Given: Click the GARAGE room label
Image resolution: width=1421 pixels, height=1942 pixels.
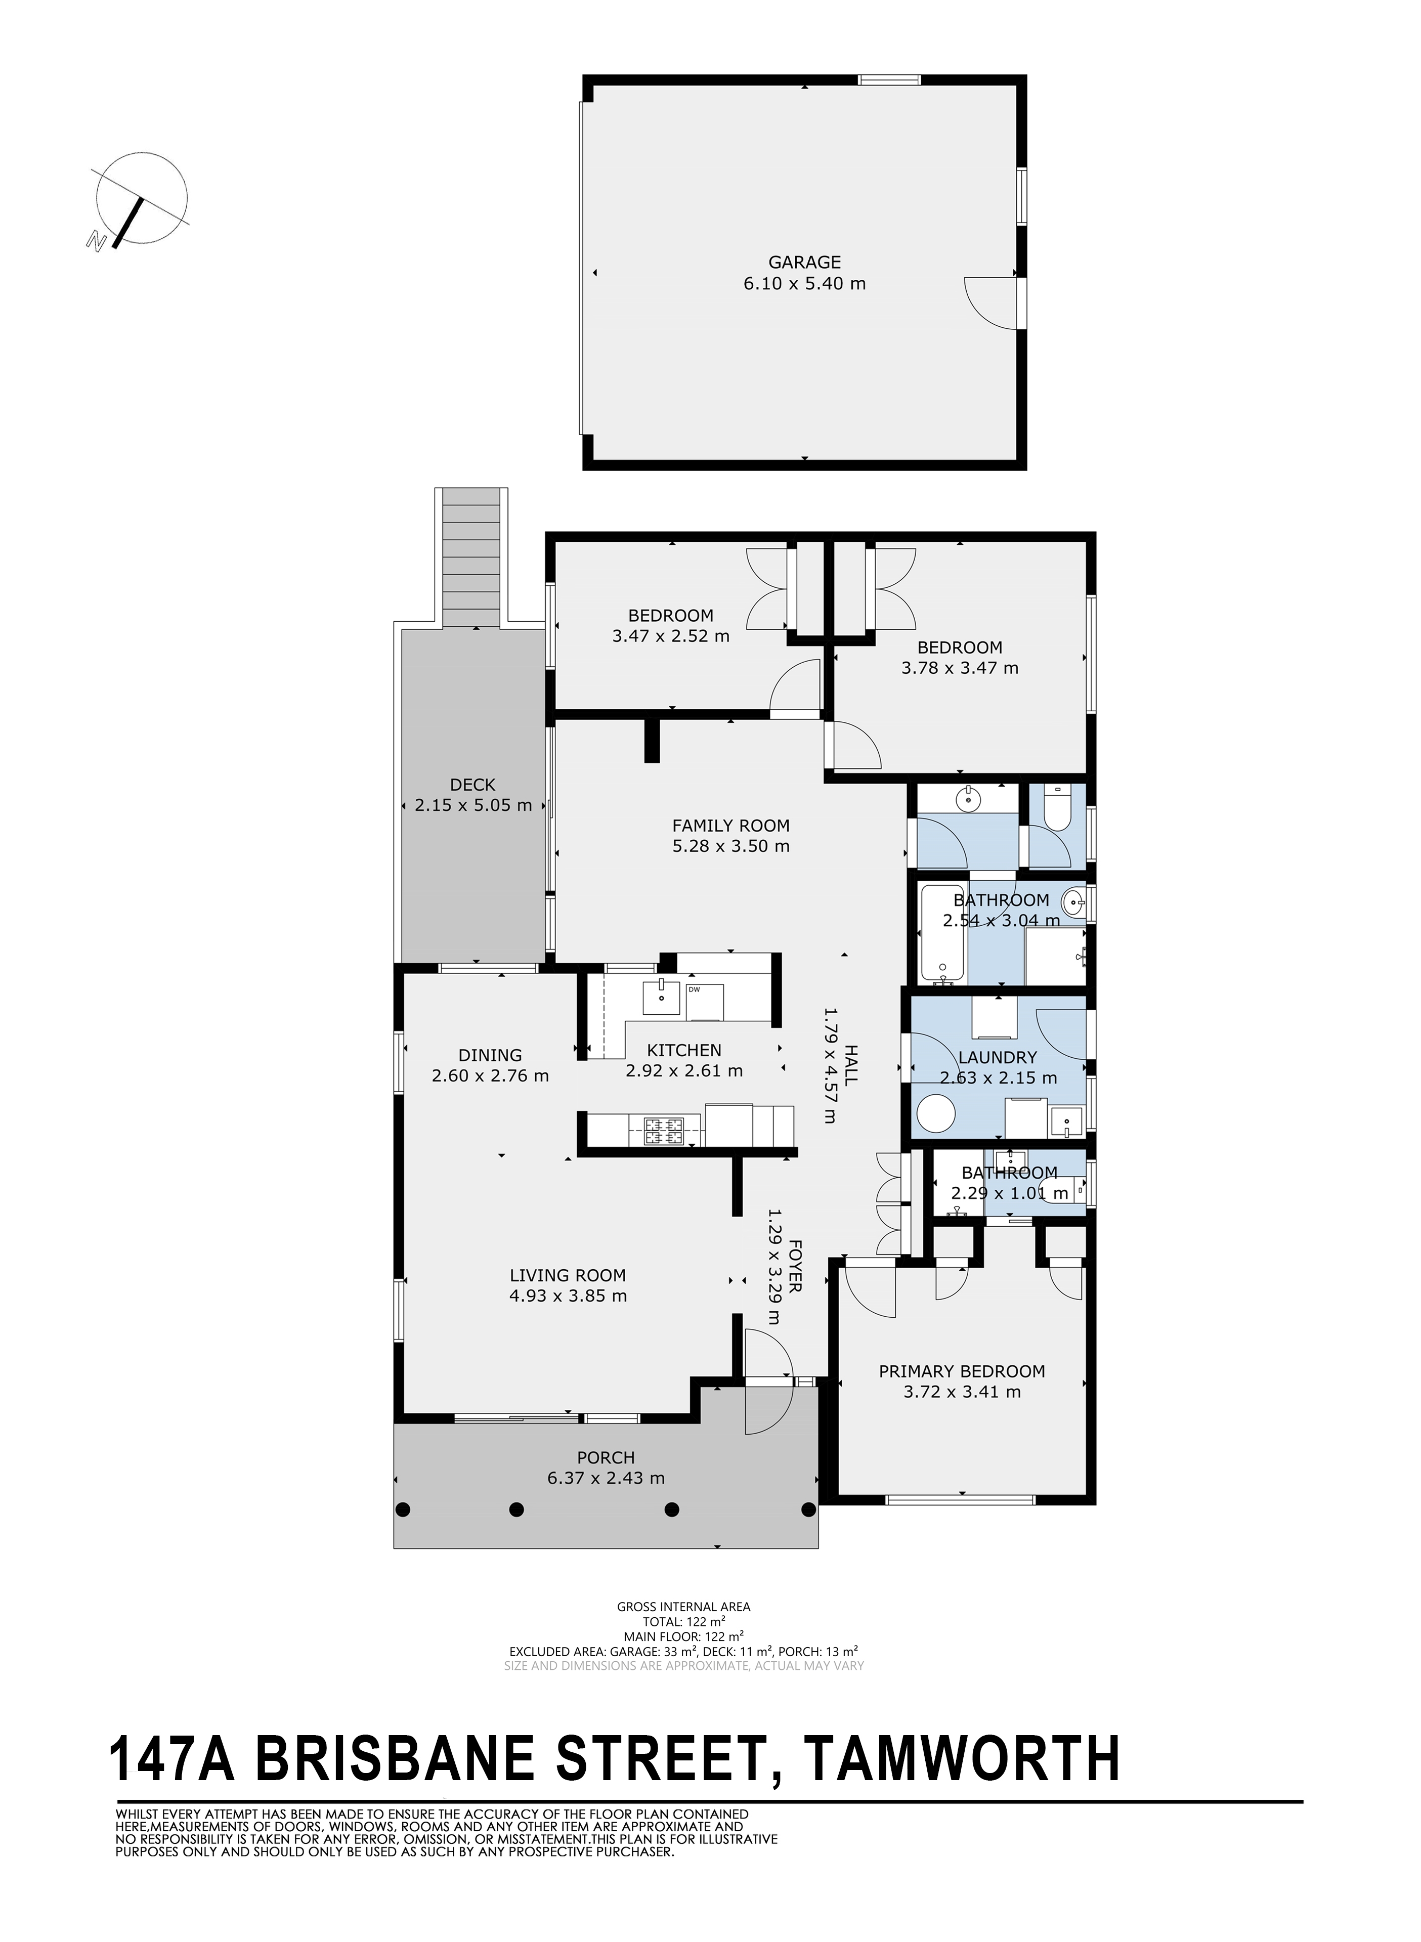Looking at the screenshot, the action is pyautogui.click(x=804, y=263).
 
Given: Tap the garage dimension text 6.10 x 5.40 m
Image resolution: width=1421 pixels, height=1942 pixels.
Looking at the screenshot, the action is pyautogui.click(x=804, y=283).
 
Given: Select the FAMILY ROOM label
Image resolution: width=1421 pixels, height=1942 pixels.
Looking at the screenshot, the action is pyautogui.click(x=730, y=826).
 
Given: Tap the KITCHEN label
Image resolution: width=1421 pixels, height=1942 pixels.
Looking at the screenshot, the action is pyautogui.click(x=684, y=1050).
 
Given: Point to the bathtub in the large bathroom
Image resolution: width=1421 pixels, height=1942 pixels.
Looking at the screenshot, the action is pyautogui.click(x=943, y=934).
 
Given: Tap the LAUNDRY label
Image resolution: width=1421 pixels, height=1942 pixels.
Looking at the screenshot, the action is pyautogui.click(x=998, y=1058).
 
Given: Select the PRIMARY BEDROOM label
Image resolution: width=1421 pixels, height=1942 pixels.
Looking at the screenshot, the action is pyautogui.click(x=962, y=1371).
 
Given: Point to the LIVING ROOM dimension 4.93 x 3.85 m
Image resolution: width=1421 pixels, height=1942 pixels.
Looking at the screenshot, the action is pyautogui.click(x=568, y=1295).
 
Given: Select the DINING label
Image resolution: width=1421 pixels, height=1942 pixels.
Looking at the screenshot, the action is pyautogui.click(x=490, y=1055).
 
